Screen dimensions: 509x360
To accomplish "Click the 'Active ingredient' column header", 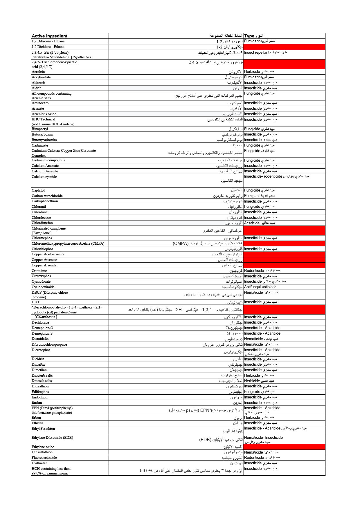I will click(50, 36).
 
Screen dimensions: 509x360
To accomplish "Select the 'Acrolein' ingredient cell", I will click(38, 72).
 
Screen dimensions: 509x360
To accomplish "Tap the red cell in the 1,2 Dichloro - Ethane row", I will click(284, 47).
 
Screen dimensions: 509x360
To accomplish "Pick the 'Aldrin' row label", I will click(37, 88).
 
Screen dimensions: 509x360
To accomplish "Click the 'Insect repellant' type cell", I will click(265, 53).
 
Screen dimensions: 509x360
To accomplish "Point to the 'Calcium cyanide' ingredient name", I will click(44, 177).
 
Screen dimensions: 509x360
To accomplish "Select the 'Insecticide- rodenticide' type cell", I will click(276, 176).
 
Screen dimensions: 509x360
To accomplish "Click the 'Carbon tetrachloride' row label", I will click(47, 196).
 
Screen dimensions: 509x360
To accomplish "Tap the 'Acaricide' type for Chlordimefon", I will click(259, 223).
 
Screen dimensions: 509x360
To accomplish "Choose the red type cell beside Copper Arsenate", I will click(284, 260).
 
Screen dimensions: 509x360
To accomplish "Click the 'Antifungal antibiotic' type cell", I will click(260, 287).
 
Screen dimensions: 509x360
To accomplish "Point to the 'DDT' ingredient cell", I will click(36, 302).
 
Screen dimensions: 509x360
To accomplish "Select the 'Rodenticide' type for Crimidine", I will click(262, 271).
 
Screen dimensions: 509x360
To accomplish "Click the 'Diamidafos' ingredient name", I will click(41, 339).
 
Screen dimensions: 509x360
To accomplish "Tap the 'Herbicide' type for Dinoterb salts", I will click(259, 376).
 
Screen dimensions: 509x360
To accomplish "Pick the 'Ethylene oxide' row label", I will click(43, 447).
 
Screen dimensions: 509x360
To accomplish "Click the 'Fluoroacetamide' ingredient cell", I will click(44, 458).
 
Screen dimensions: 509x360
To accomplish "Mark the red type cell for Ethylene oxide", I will click(284, 447).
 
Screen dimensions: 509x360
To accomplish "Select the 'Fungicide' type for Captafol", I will click(259, 190).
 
